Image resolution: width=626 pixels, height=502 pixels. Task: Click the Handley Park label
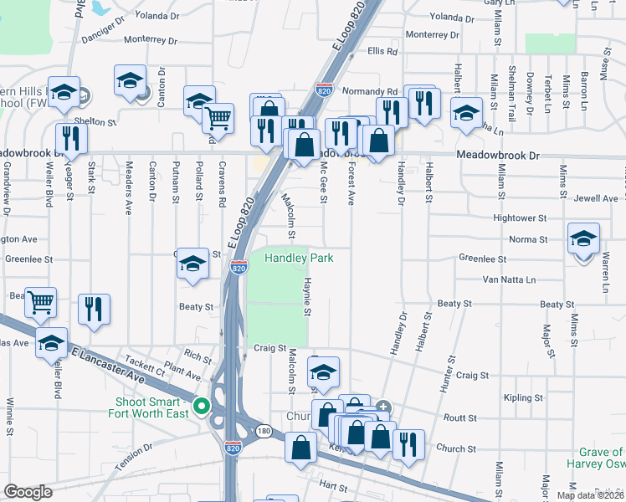(x=299, y=258)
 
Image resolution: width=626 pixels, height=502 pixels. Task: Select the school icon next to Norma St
(x=583, y=240)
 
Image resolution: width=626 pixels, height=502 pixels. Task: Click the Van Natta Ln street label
(x=509, y=279)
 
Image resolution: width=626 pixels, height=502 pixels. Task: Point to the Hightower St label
(x=519, y=218)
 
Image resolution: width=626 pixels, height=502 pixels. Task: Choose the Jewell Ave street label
(x=596, y=198)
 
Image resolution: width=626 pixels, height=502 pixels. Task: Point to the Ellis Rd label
(x=381, y=52)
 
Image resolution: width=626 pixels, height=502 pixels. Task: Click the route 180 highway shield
(x=264, y=431)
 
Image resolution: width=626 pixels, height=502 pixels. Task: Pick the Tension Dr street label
(x=136, y=458)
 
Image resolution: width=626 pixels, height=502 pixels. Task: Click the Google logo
(x=28, y=492)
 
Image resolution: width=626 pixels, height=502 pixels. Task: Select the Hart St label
(x=332, y=485)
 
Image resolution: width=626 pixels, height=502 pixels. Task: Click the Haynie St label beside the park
(x=307, y=297)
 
